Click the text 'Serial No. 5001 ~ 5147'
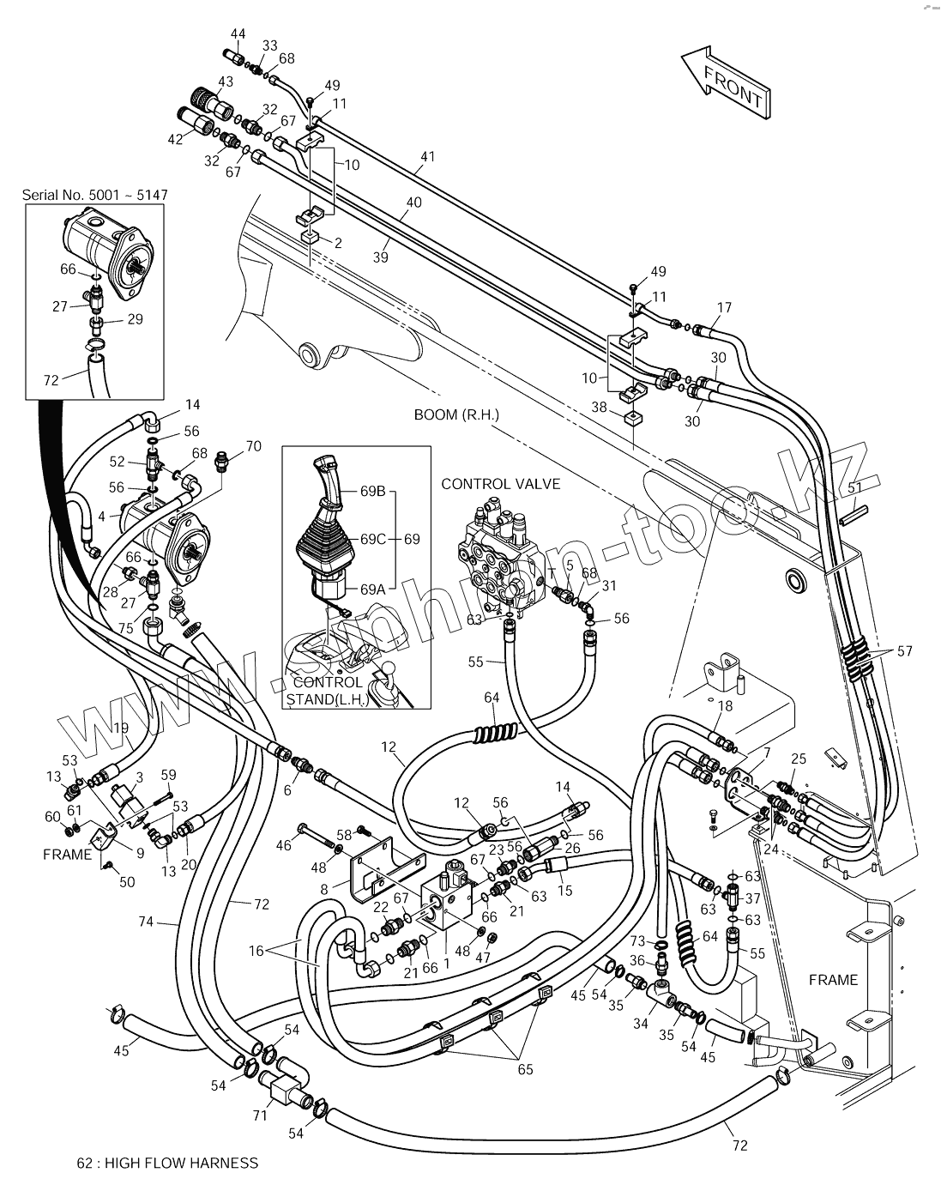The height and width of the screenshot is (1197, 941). (x=94, y=196)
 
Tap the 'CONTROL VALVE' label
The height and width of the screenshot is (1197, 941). (x=500, y=484)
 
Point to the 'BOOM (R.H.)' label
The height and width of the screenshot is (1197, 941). (x=456, y=414)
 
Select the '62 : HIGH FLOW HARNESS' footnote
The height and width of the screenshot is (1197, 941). (x=167, y=1164)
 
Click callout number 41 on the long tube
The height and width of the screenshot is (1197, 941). (x=428, y=157)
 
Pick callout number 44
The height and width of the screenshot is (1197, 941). (x=238, y=34)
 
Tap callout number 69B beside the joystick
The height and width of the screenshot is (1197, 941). (x=373, y=492)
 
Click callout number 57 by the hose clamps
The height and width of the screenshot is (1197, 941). (x=904, y=651)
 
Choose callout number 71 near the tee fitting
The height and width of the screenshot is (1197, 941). (x=261, y=1115)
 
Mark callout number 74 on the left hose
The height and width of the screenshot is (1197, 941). (x=146, y=922)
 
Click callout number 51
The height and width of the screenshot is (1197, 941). (x=854, y=487)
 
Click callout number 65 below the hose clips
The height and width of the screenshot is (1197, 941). (x=525, y=1069)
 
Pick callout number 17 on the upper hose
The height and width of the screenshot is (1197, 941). (x=724, y=307)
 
